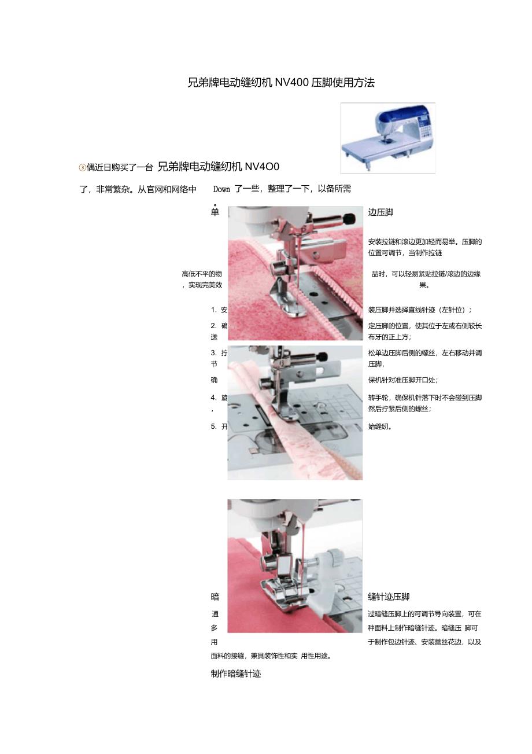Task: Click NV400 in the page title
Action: (291, 83)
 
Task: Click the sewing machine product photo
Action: (388, 138)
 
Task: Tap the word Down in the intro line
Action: (221, 189)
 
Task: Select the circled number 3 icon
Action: (82, 167)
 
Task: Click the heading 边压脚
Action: (380, 212)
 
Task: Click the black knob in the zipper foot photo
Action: (349, 219)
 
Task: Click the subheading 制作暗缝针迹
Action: (236, 674)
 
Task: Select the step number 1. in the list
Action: (214, 310)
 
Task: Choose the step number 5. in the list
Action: (214, 426)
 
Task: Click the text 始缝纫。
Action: (380, 426)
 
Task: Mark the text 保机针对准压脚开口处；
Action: (403, 380)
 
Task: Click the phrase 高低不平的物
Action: (202, 274)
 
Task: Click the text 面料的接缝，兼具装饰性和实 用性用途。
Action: (271, 656)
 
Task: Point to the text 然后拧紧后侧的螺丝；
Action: (400, 409)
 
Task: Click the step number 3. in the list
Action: (214, 353)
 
